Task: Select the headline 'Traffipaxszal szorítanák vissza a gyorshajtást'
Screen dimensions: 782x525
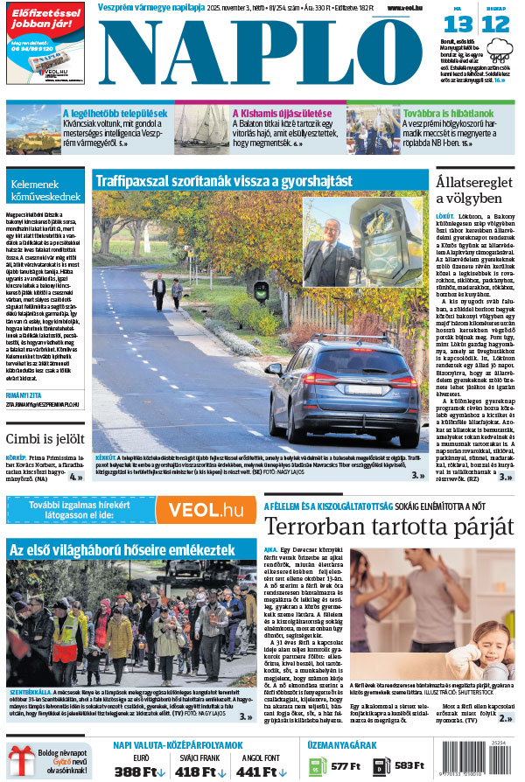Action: pyautogui.click(x=223, y=181)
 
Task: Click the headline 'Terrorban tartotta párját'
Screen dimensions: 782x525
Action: pyautogui.click(x=388, y=527)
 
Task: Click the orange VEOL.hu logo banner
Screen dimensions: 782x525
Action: pyautogui.click(x=206, y=510)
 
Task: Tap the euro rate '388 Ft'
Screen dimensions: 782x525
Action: pyautogui.click(x=139, y=771)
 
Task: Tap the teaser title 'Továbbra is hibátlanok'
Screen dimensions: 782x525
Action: pyautogui.click(x=448, y=113)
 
